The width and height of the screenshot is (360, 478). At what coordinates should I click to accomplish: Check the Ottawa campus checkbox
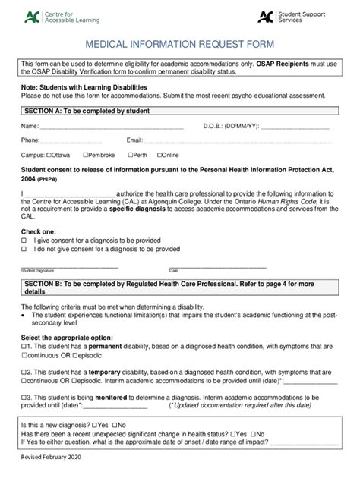pyautogui.click(x=49, y=156)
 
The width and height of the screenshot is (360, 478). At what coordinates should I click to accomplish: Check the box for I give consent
pyautogui.click(x=24, y=240)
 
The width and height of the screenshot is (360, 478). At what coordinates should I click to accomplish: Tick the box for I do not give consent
pyautogui.click(x=24, y=249)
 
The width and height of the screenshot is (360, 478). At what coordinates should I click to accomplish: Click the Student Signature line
pyautogui.click(x=69, y=266)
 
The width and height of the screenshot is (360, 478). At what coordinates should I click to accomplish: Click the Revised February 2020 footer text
pyautogui.click(x=51, y=458)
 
